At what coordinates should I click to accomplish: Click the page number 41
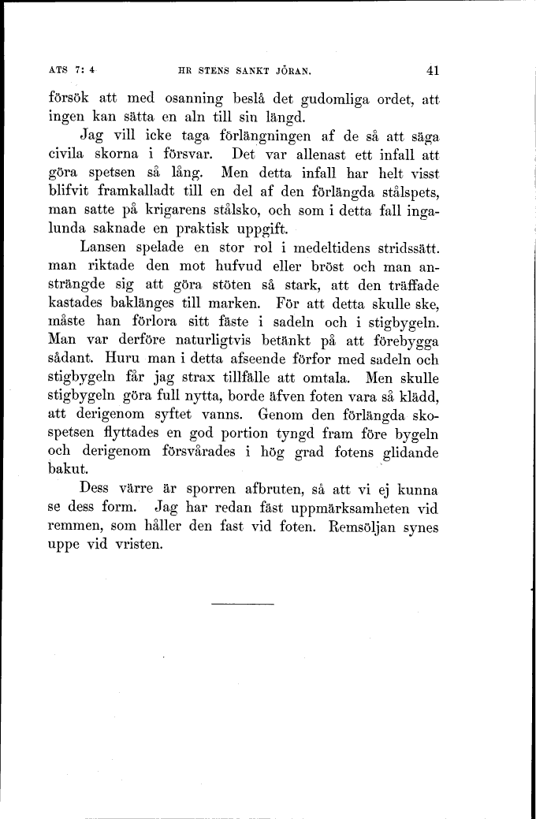[x=432, y=70]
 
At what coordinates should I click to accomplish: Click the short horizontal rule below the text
[x=243, y=605]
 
